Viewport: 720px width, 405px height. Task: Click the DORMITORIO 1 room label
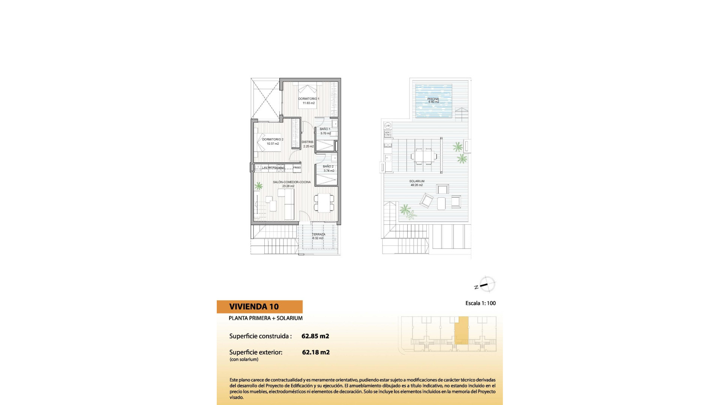pyautogui.click(x=309, y=99)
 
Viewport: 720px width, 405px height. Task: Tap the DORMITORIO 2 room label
pyautogui.click(x=273, y=139)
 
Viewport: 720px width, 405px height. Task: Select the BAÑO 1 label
pyautogui.click(x=325, y=129)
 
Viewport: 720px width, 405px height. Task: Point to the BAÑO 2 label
pyautogui.click(x=328, y=166)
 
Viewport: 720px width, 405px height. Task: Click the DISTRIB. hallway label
pyautogui.click(x=307, y=142)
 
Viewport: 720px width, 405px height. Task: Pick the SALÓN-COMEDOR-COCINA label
pyautogui.click(x=291, y=182)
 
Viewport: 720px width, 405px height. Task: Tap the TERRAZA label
pyautogui.click(x=318, y=234)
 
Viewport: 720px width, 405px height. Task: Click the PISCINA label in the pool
pyautogui.click(x=433, y=99)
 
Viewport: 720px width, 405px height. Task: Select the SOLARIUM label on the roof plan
pyautogui.click(x=417, y=181)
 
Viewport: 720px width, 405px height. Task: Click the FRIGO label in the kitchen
pyautogui.click(x=297, y=168)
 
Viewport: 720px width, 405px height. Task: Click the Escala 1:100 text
pyautogui.click(x=480, y=303)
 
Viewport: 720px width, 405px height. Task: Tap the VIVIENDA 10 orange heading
pyautogui.click(x=254, y=307)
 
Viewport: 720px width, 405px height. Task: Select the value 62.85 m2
pyautogui.click(x=315, y=336)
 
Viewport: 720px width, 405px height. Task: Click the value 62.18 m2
pyautogui.click(x=316, y=352)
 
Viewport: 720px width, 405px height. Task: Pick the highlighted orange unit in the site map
pyautogui.click(x=461, y=330)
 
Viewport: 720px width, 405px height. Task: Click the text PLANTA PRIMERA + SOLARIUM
pyautogui.click(x=265, y=318)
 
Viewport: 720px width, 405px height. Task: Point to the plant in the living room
pyautogui.click(x=258, y=186)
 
